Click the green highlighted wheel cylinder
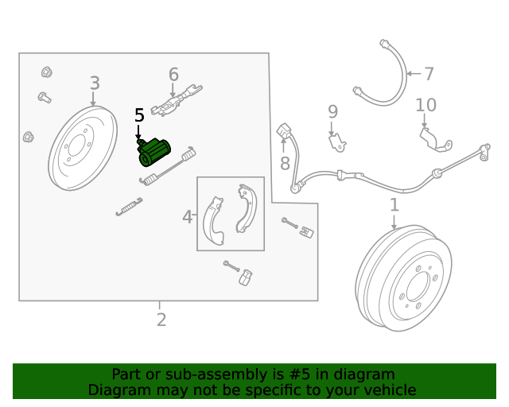pyautogui.click(x=155, y=153)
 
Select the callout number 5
pyautogui.click(x=139, y=116)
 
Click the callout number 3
pyautogui.click(x=95, y=83)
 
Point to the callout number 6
pyautogui.click(x=173, y=75)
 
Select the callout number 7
pyautogui.click(x=429, y=74)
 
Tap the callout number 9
pyautogui.click(x=332, y=112)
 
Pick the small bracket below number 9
pyautogui.click(x=338, y=142)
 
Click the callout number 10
pyautogui.click(x=425, y=105)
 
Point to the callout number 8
pyautogui.click(x=285, y=165)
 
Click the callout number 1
pyautogui.click(x=394, y=206)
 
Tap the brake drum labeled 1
pyautogui.click(x=405, y=278)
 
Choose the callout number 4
pyautogui.click(x=188, y=216)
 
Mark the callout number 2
pyautogui.click(x=161, y=320)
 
